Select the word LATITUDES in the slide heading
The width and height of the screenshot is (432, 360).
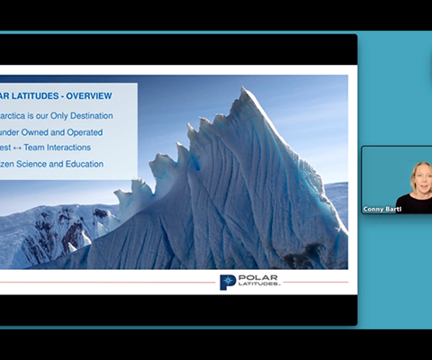(35, 94)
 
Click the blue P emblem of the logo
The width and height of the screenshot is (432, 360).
(227, 282)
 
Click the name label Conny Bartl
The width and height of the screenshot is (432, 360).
(382, 208)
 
